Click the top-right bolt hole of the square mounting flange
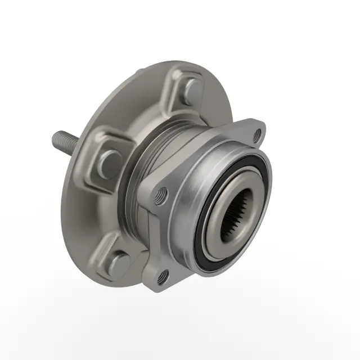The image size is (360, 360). [258, 134]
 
